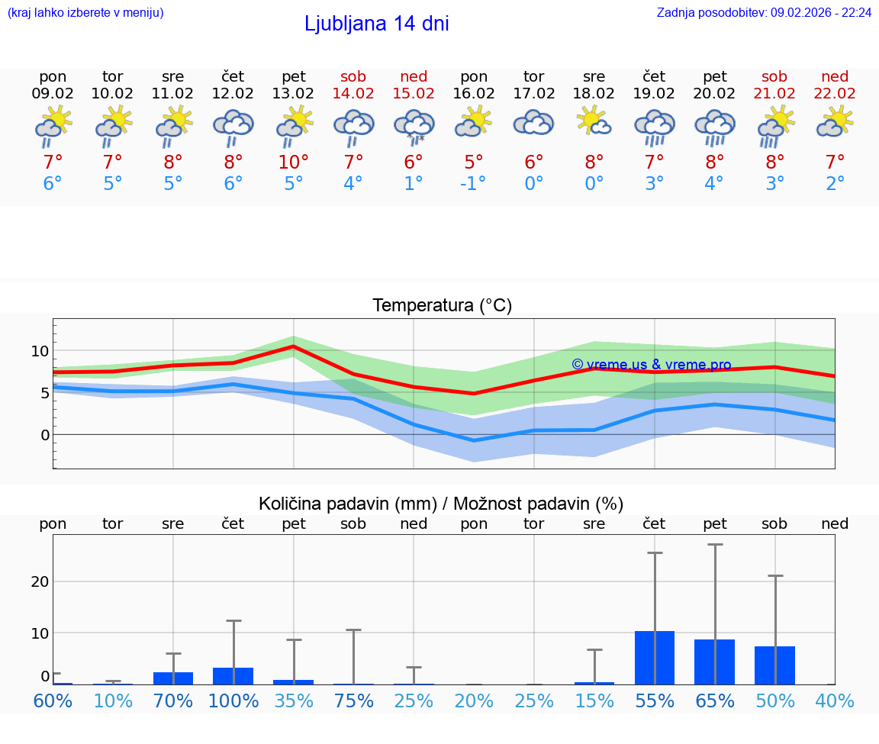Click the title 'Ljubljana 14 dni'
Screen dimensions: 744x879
pyautogui.click(x=376, y=24)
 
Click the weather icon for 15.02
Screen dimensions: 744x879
pyautogui.click(x=414, y=127)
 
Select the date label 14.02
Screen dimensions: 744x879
pyautogui.click(x=353, y=94)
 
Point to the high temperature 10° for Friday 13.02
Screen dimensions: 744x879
pyautogui.click(x=294, y=162)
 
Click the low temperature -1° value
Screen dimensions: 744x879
pyautogui.click(x=474, y=183)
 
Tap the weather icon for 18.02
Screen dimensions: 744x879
pyautogui.click(x=594, y=122)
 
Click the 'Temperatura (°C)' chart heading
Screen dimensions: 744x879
pyautogui.click(x=442, y=306)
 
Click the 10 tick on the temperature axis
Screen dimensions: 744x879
pyautogui.click(x=40, y=351)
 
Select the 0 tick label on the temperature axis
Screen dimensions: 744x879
pyautogui.click(x=44, y=435)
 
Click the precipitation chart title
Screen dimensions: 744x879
pyautogui.click(x=440, y=504)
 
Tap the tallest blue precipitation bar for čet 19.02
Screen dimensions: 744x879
pyautogui.click(x=654, y=658)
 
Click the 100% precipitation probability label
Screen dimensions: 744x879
pyautogui.click(x=233, y=701)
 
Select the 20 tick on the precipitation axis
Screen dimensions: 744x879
pyautogui.click(x=40, y=581)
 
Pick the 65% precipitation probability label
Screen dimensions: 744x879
pyautogui.click(x=714, y=701)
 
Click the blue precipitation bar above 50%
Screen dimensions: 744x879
pyautogui.click(x=774, y=665)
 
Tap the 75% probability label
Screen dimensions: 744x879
pyautogui.click(x=353, y=701)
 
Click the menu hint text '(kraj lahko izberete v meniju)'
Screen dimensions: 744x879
pyautogui.click(x=85, y=12)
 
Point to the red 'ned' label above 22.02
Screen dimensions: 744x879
pyautogui.click(x=835, y=76)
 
